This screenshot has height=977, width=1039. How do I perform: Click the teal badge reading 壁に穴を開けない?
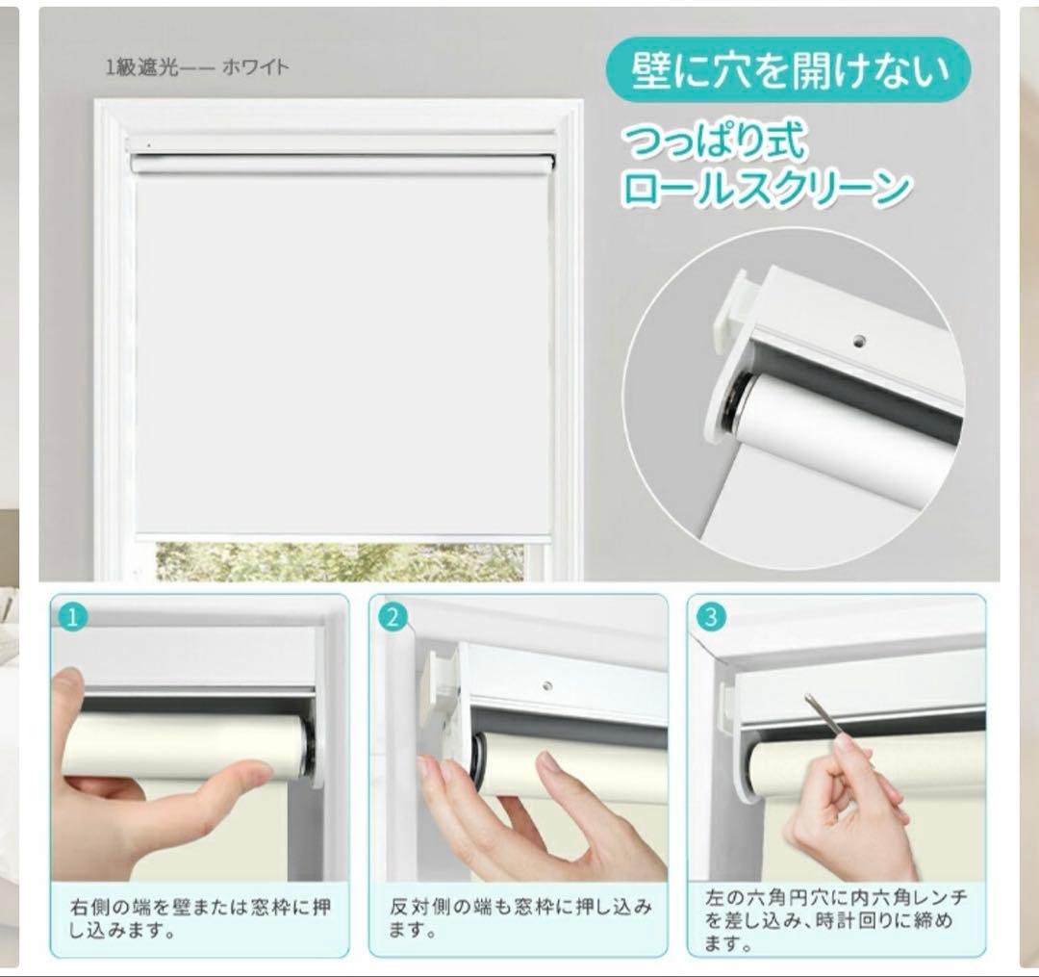(x=787, y=70)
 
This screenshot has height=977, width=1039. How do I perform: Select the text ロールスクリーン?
(x=765, y=188)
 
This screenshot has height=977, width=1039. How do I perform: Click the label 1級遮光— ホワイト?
(x=197, y=67)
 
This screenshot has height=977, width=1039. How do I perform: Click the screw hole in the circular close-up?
(x=860, y=340)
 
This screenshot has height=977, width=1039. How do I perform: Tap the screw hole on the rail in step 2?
(x=546, y=686)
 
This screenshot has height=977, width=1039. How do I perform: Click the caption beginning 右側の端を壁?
(x=197, y=918)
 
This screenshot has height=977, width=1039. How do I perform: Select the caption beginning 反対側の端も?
(x=519, y=918)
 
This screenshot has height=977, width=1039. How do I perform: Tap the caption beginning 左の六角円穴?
(x=835, y=919)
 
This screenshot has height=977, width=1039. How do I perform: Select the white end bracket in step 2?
(x=442, y=674)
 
